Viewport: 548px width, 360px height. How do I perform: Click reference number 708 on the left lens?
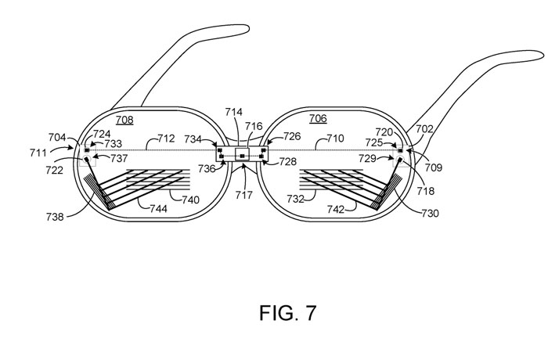click(x=125, y=119)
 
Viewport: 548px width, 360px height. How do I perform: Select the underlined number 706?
click(x=318, y=118)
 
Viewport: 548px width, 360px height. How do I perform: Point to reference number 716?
click(x=254, y=125)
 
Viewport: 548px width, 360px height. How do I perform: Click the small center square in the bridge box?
click(x=243, y=156)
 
